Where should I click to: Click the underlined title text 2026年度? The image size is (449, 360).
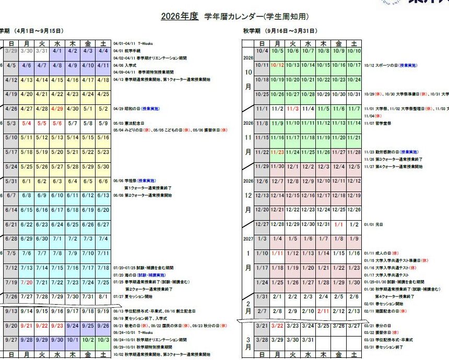(180, 16)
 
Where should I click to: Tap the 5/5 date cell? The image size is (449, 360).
(42, 124)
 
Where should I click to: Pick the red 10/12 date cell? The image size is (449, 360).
(277, 65)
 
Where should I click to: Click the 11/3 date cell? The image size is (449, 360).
(293, 109)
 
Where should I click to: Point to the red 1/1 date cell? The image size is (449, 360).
(338, 224)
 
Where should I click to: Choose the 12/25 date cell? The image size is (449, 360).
(338, 209)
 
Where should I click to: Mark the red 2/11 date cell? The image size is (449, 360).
(323, 311)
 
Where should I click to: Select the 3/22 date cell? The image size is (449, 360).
(277, 326)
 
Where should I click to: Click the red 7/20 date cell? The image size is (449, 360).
(27, 282)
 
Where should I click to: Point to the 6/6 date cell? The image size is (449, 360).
(103, 181)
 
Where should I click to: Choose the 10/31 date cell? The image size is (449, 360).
(354, 94)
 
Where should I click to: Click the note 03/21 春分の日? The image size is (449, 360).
(377, 325)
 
